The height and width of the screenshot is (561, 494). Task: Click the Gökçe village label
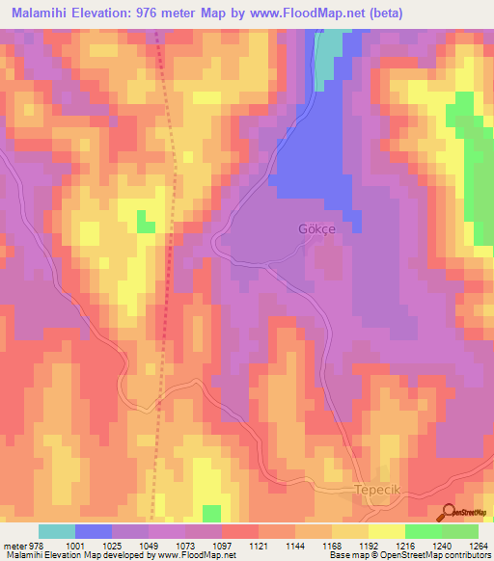[314, 229]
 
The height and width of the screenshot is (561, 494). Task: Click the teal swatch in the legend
[57, 531]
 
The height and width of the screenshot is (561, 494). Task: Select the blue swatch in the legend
[94, 531]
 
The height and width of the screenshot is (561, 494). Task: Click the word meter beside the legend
[14, 545]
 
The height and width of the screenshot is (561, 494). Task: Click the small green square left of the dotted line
[145, 222]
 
